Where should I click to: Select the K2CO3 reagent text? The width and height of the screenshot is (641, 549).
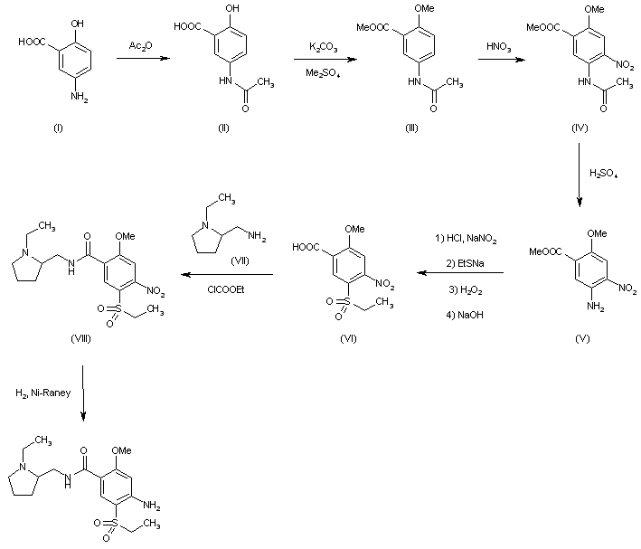(323, 44)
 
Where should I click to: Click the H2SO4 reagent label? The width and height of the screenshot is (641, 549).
(604, 172)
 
